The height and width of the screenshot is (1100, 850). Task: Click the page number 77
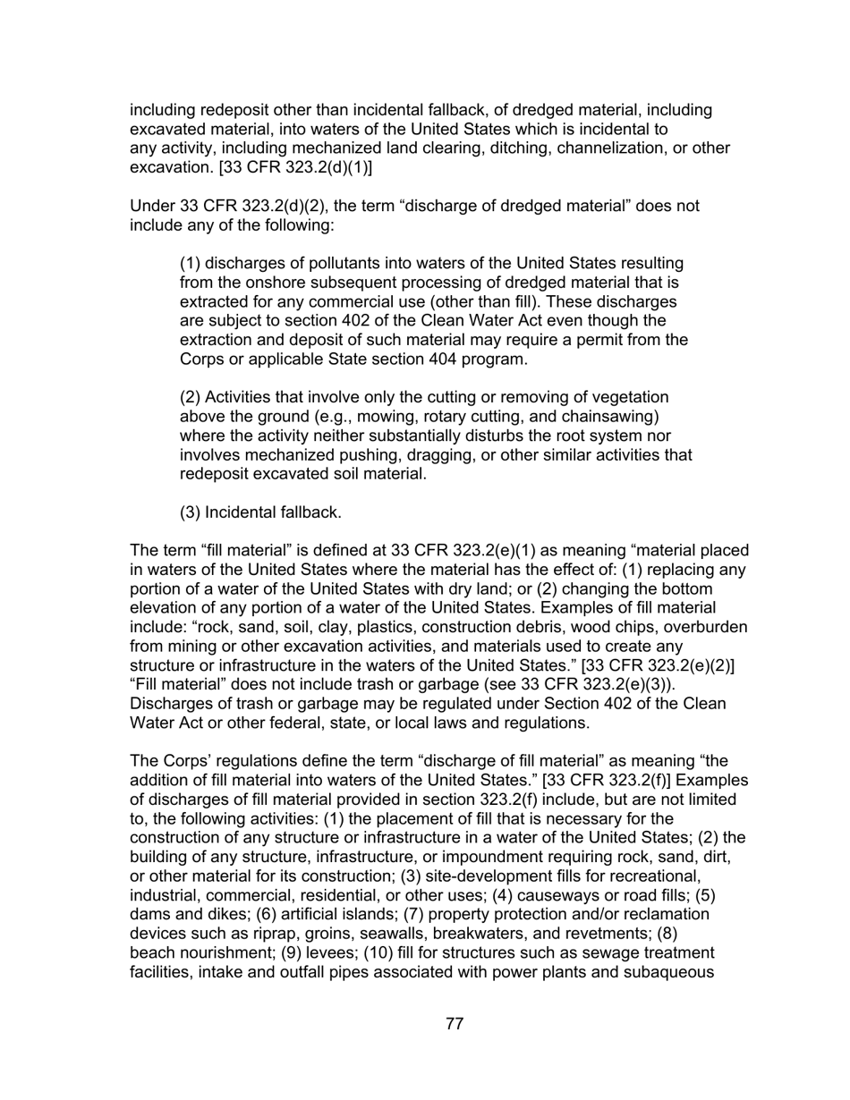[454, 1024]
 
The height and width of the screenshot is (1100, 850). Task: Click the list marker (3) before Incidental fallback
[191, 512]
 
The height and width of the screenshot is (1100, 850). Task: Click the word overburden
[704, 628]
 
